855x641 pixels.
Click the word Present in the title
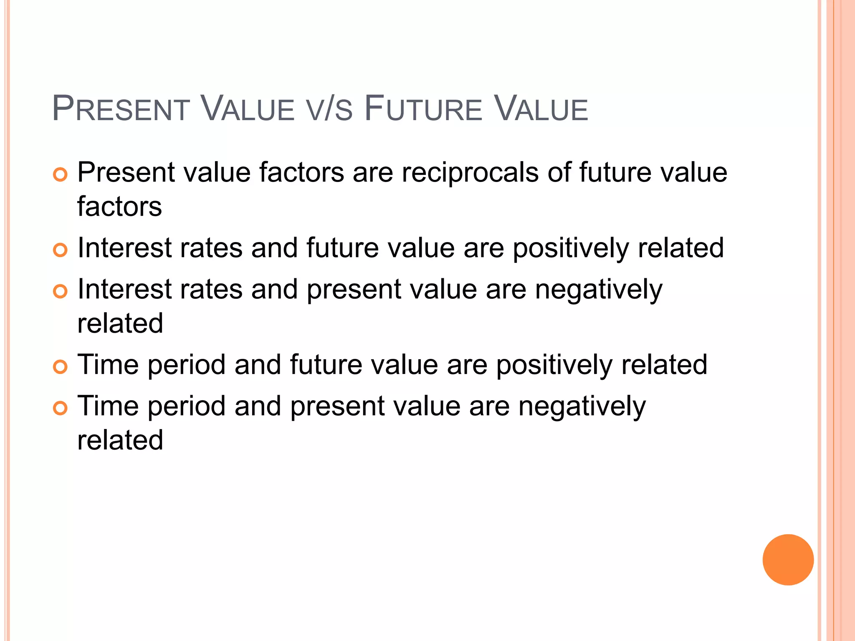click(x=121, y=109)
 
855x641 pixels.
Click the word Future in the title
click(x=423, y=109)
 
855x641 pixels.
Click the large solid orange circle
click(x=788, y=560)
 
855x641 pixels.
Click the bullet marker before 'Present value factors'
click(x=61, y=174)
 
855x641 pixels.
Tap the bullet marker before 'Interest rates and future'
click(x=61, y=250)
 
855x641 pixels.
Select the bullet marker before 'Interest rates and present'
click(x=61, y=291)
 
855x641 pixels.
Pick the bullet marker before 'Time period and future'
click(x=61, y=367)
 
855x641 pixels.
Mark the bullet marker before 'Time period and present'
click(x=61, y=408)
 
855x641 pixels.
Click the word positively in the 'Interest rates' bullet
click(x=571, y=248)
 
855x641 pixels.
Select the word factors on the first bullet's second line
click(x=119, y=207)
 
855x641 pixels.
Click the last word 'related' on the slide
click(x=120, y=440)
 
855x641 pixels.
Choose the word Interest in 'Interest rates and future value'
click(x=124, y=248)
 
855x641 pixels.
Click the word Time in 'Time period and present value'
click(x=108, y=406)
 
